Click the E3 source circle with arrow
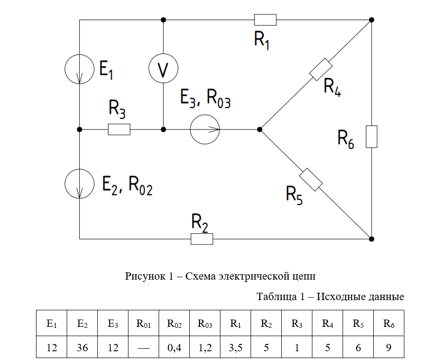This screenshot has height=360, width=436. click(x=204, y=130)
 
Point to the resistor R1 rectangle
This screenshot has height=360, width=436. click(x=265, y=19)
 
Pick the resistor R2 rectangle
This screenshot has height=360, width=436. click(x=202, y=239)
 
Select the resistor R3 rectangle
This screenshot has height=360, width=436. click(x=119, y=130)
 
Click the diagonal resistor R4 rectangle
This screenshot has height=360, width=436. click(x=320, y=70)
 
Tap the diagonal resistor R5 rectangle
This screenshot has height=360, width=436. click(x=311, y=180)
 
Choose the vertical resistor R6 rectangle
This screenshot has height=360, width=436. click(x=371, y=136)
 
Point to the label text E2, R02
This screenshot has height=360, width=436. click(x=127, y=186)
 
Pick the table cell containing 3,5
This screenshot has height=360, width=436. click(x=236, y=348)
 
